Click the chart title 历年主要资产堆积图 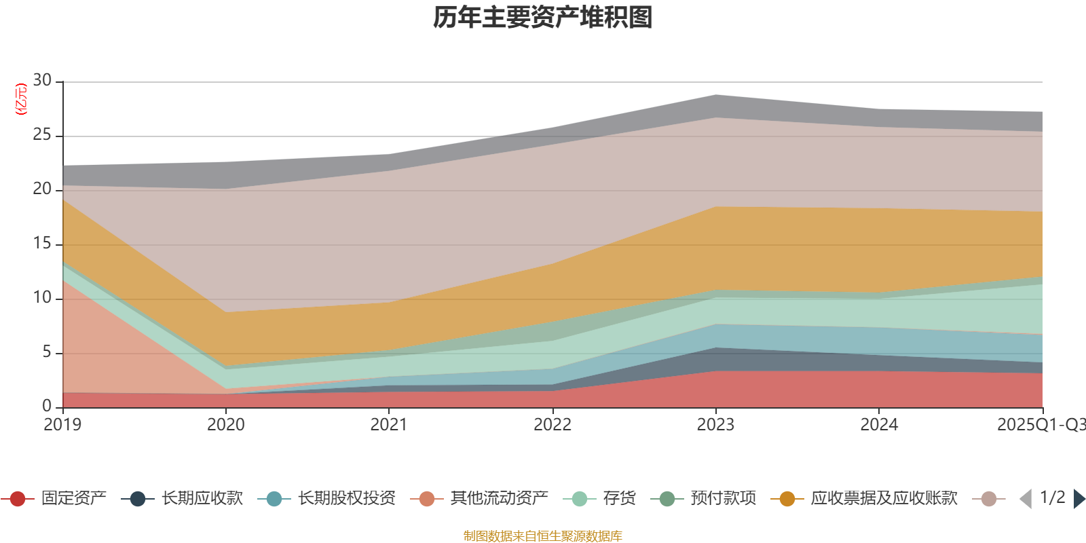(x=543, y=18)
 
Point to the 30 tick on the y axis (x=42, y=81)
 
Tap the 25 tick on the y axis (x=42, y=135)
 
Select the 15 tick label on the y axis (x=42, y=244)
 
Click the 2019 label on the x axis (x=62, y=425)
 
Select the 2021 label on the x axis (x=388, y=425)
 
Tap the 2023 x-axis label (x=715, y=425)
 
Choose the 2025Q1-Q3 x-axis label (x=1040, y=425)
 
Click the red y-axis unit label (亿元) (x=21, y=99)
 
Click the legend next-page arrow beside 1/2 (x=1079, y=499)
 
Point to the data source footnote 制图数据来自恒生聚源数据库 (x=543, y=536)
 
